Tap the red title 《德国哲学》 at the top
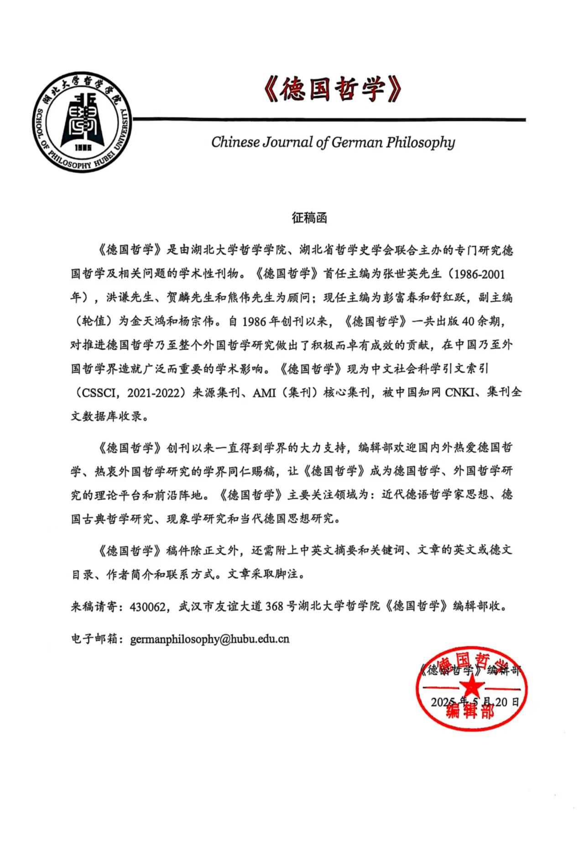point(333,89)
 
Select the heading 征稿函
point(309,218)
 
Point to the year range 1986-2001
point(477,274)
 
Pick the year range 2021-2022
point(152,392)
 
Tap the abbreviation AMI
point(264,392)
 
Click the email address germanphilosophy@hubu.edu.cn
point(209,639)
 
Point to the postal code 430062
point(147,606)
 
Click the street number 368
point(274,606)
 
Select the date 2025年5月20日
point(474,702)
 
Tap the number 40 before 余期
point(468,322)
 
